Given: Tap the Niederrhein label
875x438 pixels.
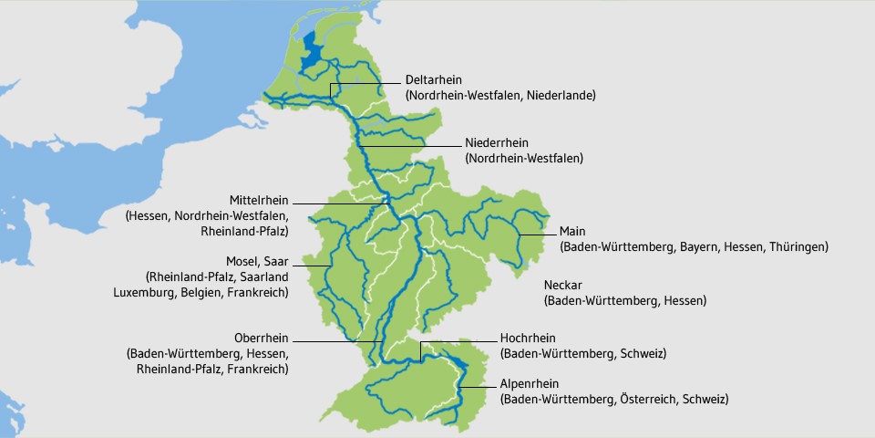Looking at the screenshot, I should [497, 143].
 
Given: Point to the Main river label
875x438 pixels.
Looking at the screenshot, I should [572, 231].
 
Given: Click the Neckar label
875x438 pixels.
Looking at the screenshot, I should [563, 285].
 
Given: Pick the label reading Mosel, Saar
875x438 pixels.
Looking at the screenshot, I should [256, 260].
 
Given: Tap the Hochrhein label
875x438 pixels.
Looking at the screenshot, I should [528, 338].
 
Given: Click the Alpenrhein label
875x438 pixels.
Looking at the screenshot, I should [529, 384].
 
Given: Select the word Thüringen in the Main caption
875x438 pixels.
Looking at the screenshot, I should [796, 246].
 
